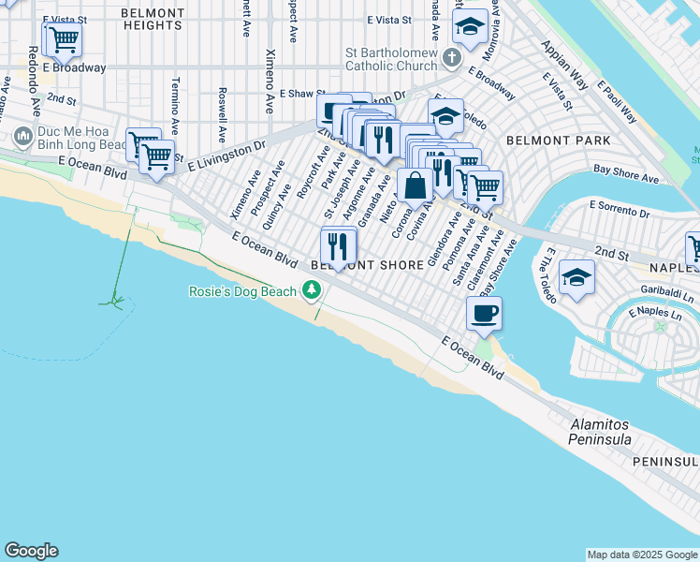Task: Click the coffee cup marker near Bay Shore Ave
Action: coord(484,314)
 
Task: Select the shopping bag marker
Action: coord(414,185)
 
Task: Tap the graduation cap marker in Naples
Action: coord(576,278)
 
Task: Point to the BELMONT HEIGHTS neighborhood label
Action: coord(153,20)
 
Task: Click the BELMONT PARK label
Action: coord(558,140)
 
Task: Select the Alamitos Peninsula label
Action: coord(601,432)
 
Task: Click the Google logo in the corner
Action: coord(31,551)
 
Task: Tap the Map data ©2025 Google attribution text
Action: coord(642,555)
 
